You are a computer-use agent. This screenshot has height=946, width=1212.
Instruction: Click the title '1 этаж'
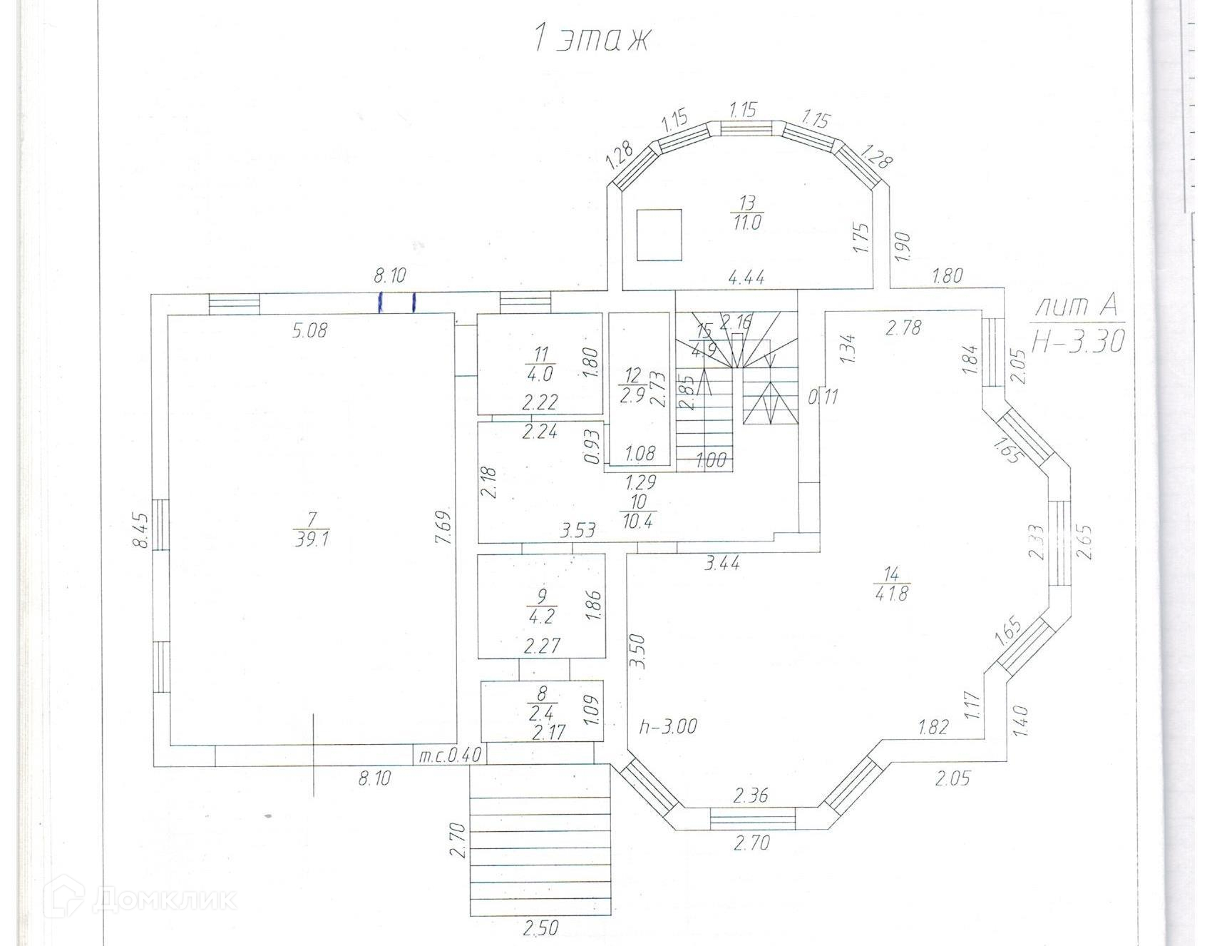coord(592,39)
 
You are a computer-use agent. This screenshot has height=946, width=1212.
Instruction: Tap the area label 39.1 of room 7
coord(311,539)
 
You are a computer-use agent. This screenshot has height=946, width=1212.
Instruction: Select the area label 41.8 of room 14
coord(891,593)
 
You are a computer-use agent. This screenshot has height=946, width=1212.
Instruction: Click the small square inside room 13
coord(659,235)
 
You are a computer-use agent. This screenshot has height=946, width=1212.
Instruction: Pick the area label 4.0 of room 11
coord(539,373)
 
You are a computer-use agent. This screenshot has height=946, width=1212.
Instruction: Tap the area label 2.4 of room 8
coord(542,711)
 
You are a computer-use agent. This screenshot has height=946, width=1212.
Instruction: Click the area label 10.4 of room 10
coord(637,520)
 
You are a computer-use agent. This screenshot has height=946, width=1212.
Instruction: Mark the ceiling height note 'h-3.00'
coord(667,727)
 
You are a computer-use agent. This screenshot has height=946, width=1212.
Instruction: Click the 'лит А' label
coord(1077,307)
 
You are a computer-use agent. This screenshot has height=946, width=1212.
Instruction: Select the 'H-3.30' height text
coord(1078,341)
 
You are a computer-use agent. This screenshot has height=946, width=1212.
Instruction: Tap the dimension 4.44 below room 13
coord(746,277)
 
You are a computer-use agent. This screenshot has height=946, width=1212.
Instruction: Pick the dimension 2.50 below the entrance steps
coord(541,928)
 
